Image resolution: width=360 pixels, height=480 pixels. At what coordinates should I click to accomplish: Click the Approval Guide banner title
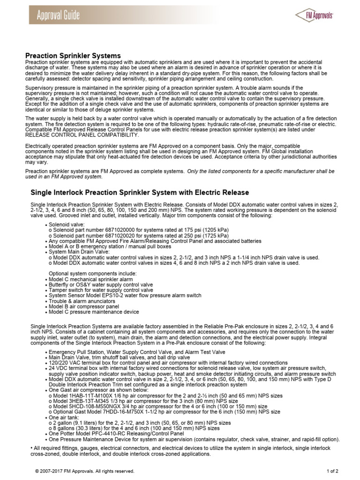click(59, 15)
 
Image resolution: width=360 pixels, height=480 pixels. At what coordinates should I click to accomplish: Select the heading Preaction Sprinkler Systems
click(73, 56)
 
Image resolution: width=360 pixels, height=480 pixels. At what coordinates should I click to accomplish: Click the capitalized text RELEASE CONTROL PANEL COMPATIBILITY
click(82, 135)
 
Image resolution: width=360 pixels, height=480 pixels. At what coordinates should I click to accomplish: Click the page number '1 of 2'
click(333, 471)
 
